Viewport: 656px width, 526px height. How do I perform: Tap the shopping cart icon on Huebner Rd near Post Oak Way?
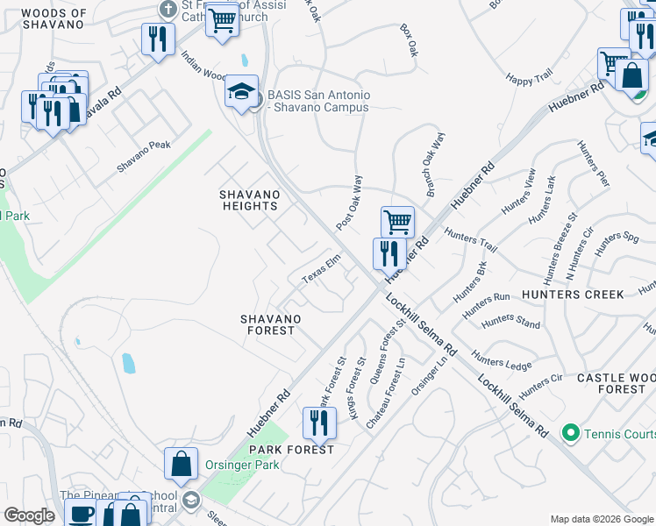point(397,221)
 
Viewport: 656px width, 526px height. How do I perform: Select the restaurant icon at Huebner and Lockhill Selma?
point(389,253)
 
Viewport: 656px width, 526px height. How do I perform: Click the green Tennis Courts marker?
point(570,433)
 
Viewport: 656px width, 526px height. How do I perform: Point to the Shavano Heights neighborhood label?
point(248,200)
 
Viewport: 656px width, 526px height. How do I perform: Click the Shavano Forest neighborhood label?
point(272,324)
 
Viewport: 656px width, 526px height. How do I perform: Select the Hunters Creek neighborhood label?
point(572,295)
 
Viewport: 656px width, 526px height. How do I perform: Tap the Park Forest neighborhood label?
point(292,450)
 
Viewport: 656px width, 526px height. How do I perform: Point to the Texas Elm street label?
point(320,270)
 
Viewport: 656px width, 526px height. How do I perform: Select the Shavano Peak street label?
point(144,156)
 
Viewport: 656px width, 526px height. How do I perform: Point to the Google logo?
point(29,515)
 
